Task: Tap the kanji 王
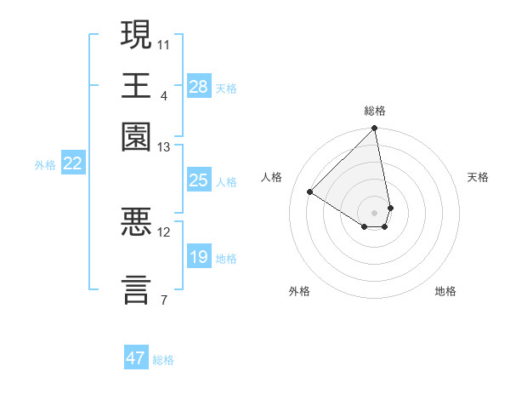tap(137, 85)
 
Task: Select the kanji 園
tap(137, 136)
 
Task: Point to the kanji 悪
tap(137, 223)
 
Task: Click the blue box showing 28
tap(199, 87)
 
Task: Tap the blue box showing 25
tap(199, 180)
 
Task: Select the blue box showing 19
tap(199, 257)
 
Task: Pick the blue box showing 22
tap(73, 164)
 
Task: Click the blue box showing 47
tap(136, 358)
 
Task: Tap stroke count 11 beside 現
tap(164, 43)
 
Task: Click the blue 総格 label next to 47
tap(163, 360)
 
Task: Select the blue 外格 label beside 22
tap(45, 165)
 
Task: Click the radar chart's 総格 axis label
tap(375, 111)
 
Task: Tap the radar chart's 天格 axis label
tap(478, 177)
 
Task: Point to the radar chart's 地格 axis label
tap(445, 292)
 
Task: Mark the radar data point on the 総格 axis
tap(375, 129)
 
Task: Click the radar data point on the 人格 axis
tap(310, 192)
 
